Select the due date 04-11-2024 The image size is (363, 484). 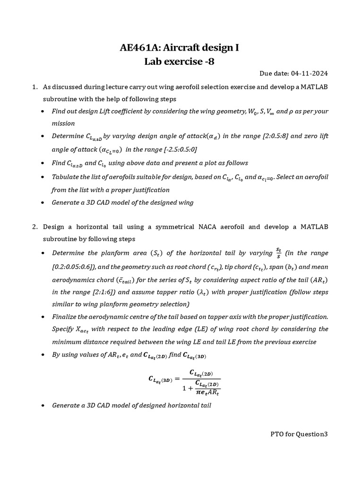tap(309, 74)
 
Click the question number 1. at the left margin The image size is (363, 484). tap(35, 87)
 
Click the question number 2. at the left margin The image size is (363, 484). tap(35, 227)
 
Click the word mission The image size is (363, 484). tap(63, 123)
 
